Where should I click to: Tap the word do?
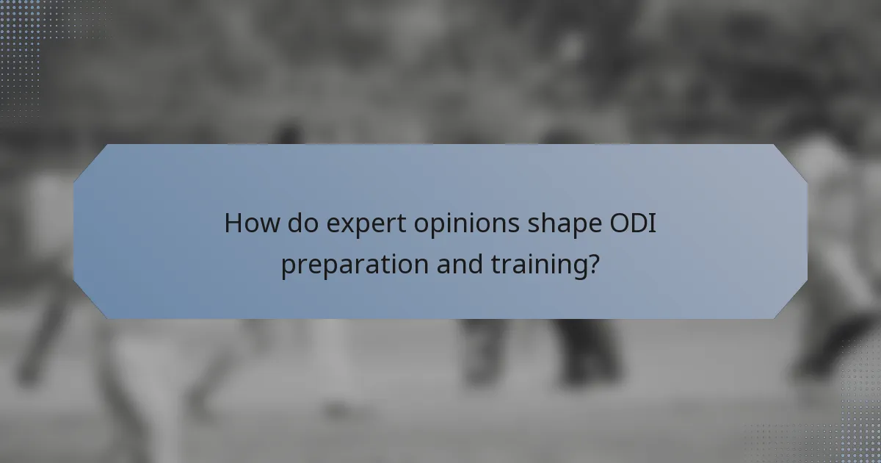pos(300,223)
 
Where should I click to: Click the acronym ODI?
pos(624,223)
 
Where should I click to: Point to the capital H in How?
pos(233,223)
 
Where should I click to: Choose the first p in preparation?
pos(288,268)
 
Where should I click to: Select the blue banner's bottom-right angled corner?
pos(791,302)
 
